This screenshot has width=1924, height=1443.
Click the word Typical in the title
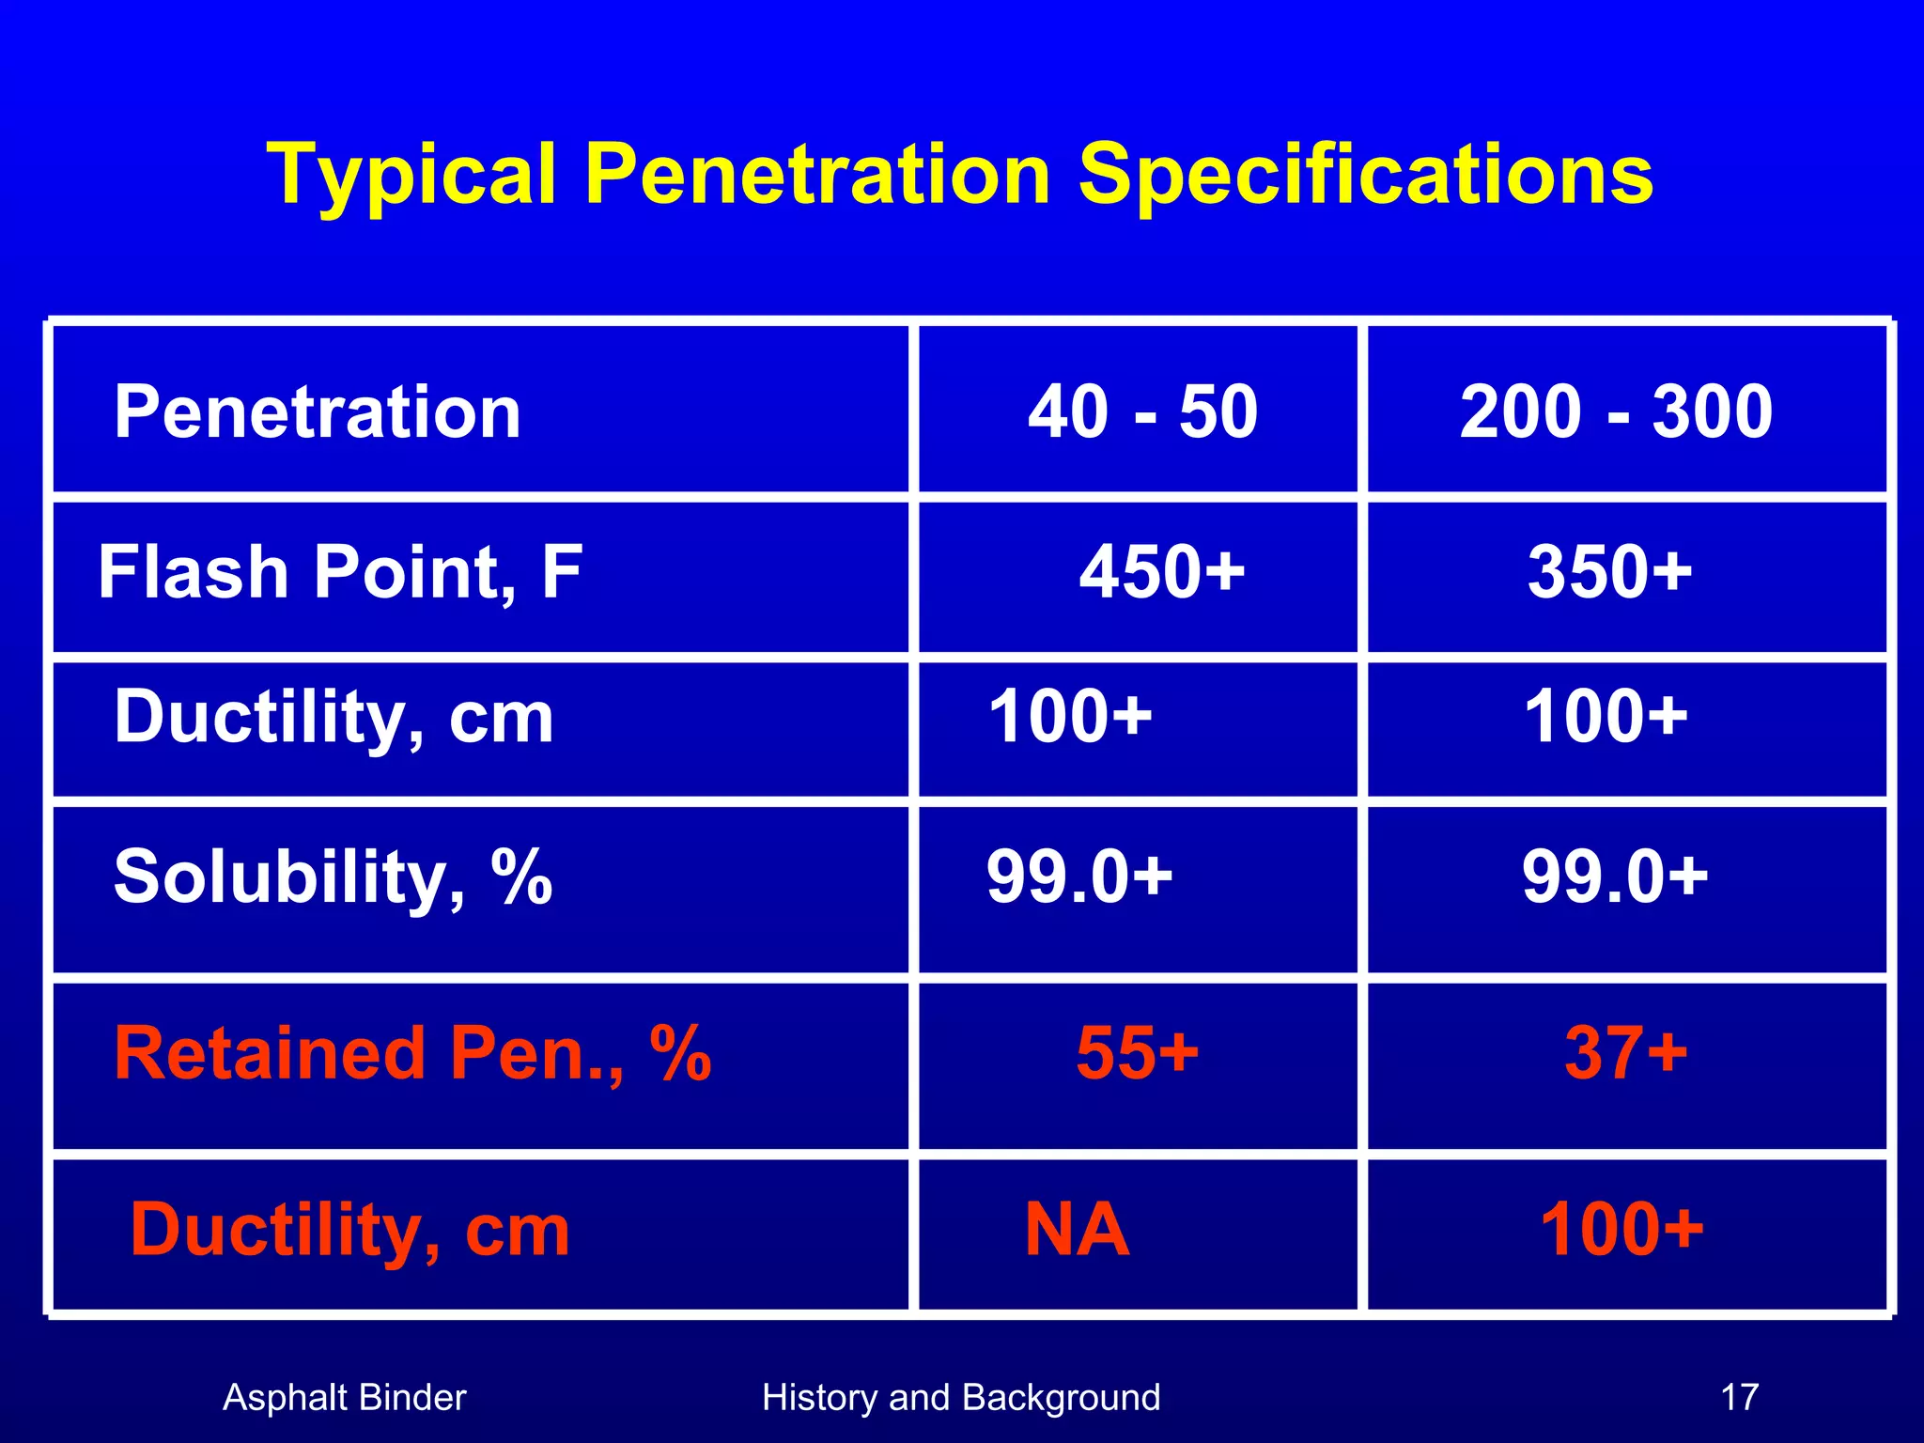click(411, 176)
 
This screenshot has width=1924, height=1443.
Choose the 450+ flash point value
click(1162, 572)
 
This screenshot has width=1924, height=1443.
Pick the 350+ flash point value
click(1609, 572)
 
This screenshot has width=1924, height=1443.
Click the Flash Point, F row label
click(340, 572)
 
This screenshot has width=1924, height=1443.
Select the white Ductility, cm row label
click(334, 718)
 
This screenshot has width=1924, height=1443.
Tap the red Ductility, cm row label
click(349, 1230)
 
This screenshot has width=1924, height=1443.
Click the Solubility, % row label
click(333, 877)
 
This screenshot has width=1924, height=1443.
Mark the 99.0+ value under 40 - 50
click(1079, 877)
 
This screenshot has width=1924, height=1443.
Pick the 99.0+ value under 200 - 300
click(1615, 877)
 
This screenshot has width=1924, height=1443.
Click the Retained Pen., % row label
click(412, 1054)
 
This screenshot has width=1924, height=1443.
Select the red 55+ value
click(1138, 1053)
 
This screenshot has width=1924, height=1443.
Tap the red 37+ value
click(1625, 1053)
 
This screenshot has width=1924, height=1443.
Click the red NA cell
click(1077, 1230)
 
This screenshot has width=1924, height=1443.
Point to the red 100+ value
click(1621, 1230)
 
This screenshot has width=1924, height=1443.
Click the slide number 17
click(1739, 1398)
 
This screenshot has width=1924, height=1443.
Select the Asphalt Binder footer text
click(344, 1398)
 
